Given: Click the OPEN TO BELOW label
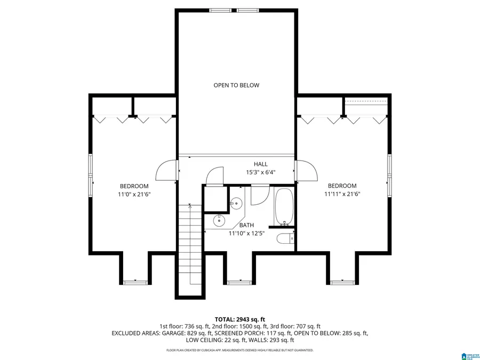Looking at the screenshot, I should tap(236, 85).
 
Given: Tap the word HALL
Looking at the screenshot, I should tap(261, 164).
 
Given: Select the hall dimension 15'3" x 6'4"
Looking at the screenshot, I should tap(261, 172).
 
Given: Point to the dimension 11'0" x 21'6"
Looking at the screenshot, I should tap(134, 195).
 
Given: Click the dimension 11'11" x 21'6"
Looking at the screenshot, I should tap(342, 194).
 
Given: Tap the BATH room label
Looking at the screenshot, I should tap(246, 226).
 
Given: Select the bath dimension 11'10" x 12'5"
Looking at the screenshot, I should tap(246, 234).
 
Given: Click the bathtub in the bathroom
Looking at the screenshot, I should tap(284, 207).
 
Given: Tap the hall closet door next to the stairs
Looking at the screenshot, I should tap(216, 177).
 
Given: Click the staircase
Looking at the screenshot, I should tap(189, 245).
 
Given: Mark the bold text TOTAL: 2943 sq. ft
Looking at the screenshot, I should tap(239, 318).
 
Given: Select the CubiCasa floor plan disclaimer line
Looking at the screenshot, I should tap(239, 350).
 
